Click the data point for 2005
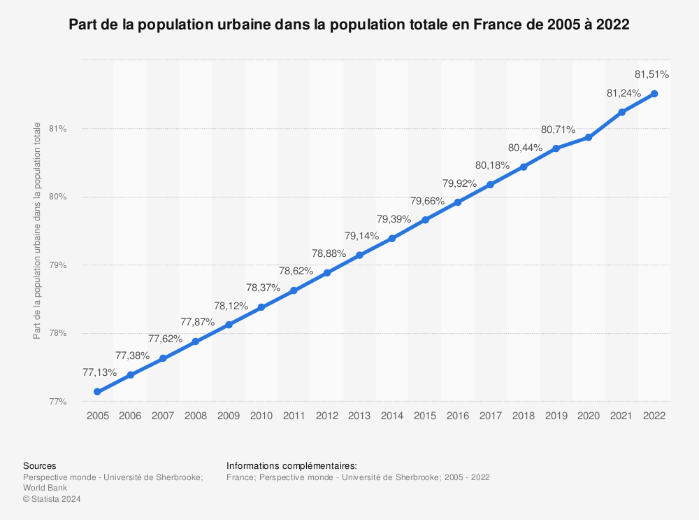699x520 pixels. pos(97,392)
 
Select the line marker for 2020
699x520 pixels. pos(589,137)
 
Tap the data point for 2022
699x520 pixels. pos(654,94)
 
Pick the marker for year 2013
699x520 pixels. pos(359,255)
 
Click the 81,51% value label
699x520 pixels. pos(651,73)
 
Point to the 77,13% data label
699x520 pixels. pos(99,372)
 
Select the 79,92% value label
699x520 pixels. pos(459,183)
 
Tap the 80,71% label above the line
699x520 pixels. pos(558,129)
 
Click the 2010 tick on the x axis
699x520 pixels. pos(261,416)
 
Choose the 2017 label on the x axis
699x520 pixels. pos(490,416)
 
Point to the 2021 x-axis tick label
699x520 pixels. pos(621,416)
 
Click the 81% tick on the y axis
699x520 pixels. pos(57,129)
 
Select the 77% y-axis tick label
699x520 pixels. pos(57,402)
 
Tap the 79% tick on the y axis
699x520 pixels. pos(57,265)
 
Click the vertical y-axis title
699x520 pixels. pos(37,231)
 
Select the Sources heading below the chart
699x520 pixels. pos(40,466)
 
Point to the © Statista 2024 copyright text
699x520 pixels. pos(52,499)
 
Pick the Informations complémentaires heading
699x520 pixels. pos(292,466)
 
